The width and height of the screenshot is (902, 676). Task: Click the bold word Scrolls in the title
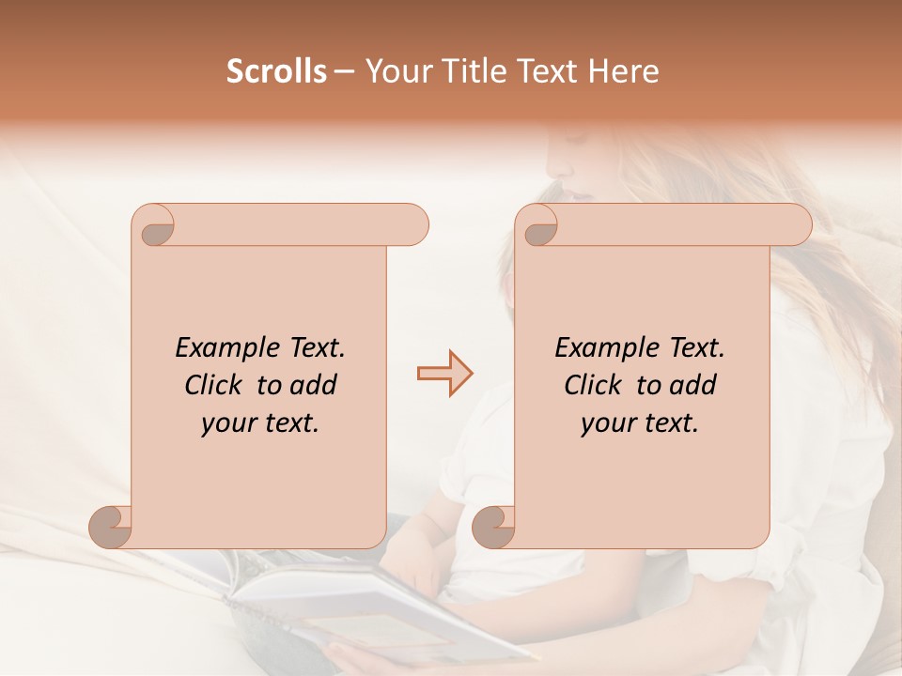tap(276, 71)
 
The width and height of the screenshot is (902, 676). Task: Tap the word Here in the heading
tap(625, 71)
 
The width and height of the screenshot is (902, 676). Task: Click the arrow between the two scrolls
tap(444, 374)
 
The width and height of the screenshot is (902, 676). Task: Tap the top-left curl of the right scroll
tap(538, 226)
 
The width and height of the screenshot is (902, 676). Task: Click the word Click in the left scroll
tap(215, 385)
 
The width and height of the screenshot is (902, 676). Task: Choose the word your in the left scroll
tap(226, 423)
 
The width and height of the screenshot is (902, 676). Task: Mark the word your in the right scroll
tap(606, 423)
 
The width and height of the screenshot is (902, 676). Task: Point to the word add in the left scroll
tap(315, 385)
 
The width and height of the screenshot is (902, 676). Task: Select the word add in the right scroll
tap(694, 385)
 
